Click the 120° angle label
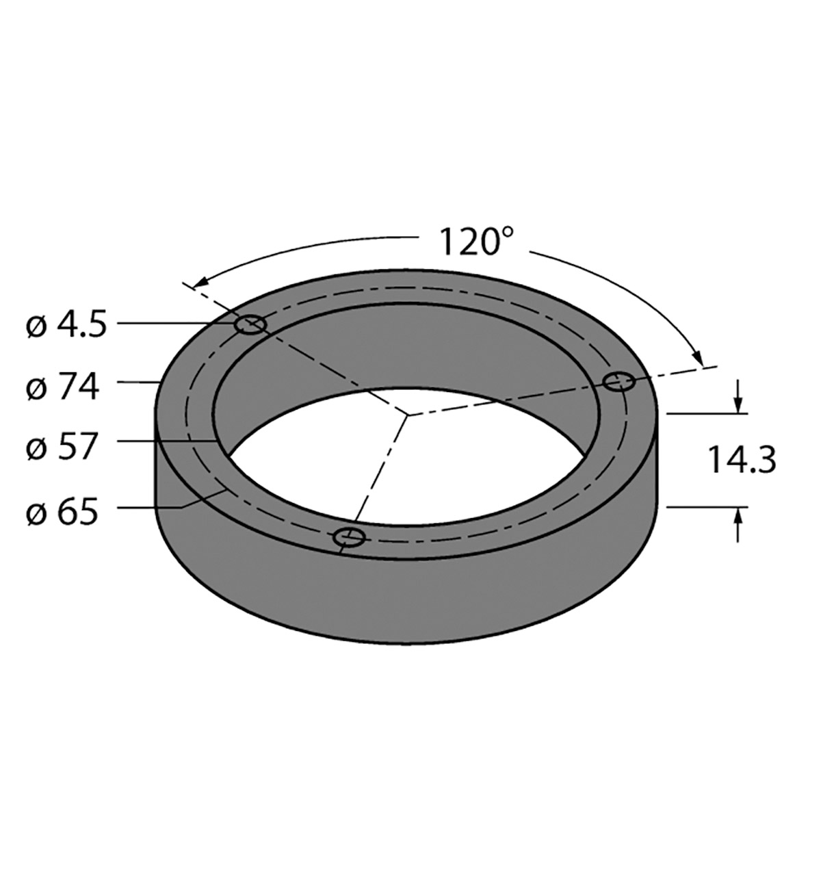(475, 242)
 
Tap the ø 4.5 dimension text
(66, 326)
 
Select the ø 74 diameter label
(62, 387)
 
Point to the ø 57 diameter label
(62, 448)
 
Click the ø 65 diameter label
(62, 512)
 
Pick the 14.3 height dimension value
(742, 460)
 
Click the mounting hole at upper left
(250, 325)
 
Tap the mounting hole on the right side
(618, 381)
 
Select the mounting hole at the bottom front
(350, 537)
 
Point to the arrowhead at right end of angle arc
(697, 358)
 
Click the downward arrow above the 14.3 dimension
(738, 404)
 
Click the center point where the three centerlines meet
(406, 415)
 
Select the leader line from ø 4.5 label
(174, 322)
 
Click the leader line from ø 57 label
(164, 441)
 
